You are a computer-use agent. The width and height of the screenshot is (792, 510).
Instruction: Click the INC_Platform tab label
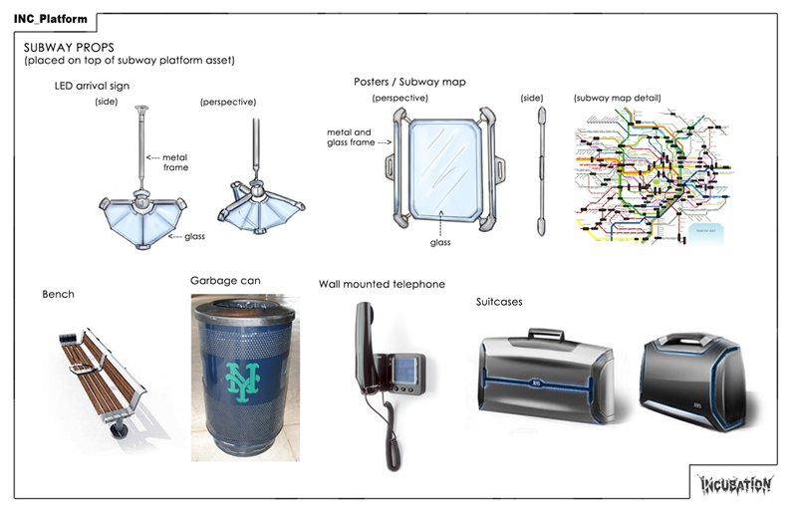[x=50, y=19]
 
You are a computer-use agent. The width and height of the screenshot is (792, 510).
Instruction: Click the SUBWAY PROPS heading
[x=67, y=48]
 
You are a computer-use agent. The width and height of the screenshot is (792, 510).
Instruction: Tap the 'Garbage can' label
[x=225, y=281]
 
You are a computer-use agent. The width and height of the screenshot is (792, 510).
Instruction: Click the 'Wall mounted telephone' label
[x=382, y=285]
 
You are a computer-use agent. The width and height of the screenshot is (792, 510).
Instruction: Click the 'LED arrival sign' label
[x=92, y=86]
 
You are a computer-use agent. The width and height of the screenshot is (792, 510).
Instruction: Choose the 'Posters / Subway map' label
[x=409, y=82]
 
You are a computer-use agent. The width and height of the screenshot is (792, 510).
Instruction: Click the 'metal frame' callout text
[x=174, y=162]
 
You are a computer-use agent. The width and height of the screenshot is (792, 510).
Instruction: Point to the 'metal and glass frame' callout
[x=348, y=136]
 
